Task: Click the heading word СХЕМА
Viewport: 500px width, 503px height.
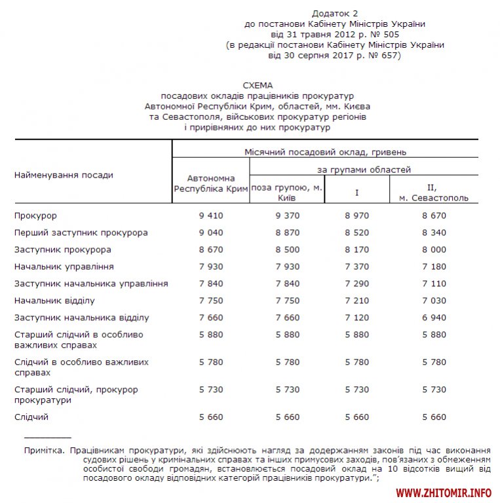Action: point(257,86)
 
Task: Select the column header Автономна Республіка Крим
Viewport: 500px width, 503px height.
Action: point(210,183)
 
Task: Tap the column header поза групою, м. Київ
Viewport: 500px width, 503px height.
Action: point(287,193)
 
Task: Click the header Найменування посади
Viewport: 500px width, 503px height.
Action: point(64,175)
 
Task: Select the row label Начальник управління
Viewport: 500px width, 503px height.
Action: point(64,267)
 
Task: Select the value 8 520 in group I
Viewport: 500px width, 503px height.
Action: point(357,233)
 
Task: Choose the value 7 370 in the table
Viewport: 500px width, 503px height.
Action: point(357,267)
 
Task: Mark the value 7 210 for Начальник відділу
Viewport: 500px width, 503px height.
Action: point(357,301)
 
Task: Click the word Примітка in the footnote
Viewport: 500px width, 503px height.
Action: point(43,451)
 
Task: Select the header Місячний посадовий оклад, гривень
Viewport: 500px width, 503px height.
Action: point(325,152)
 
